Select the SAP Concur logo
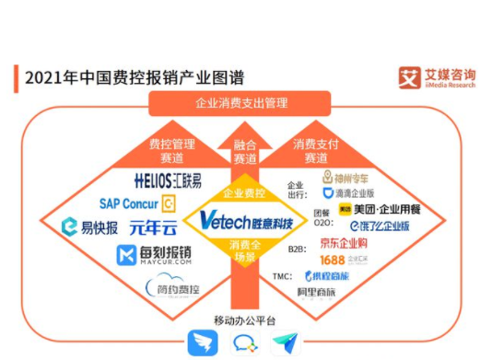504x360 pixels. (x=137, y=203)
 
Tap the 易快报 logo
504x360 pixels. (x=89, y=226)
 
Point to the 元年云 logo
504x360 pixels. (x=152, y=226)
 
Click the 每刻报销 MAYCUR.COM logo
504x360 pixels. (x=155, y=254)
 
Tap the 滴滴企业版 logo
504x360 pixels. (x=349, y=193)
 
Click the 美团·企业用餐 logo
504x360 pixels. (x=372, y=211)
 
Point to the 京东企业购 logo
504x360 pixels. (x=344, y=244)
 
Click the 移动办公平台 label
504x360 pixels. (x=245, y=319)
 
